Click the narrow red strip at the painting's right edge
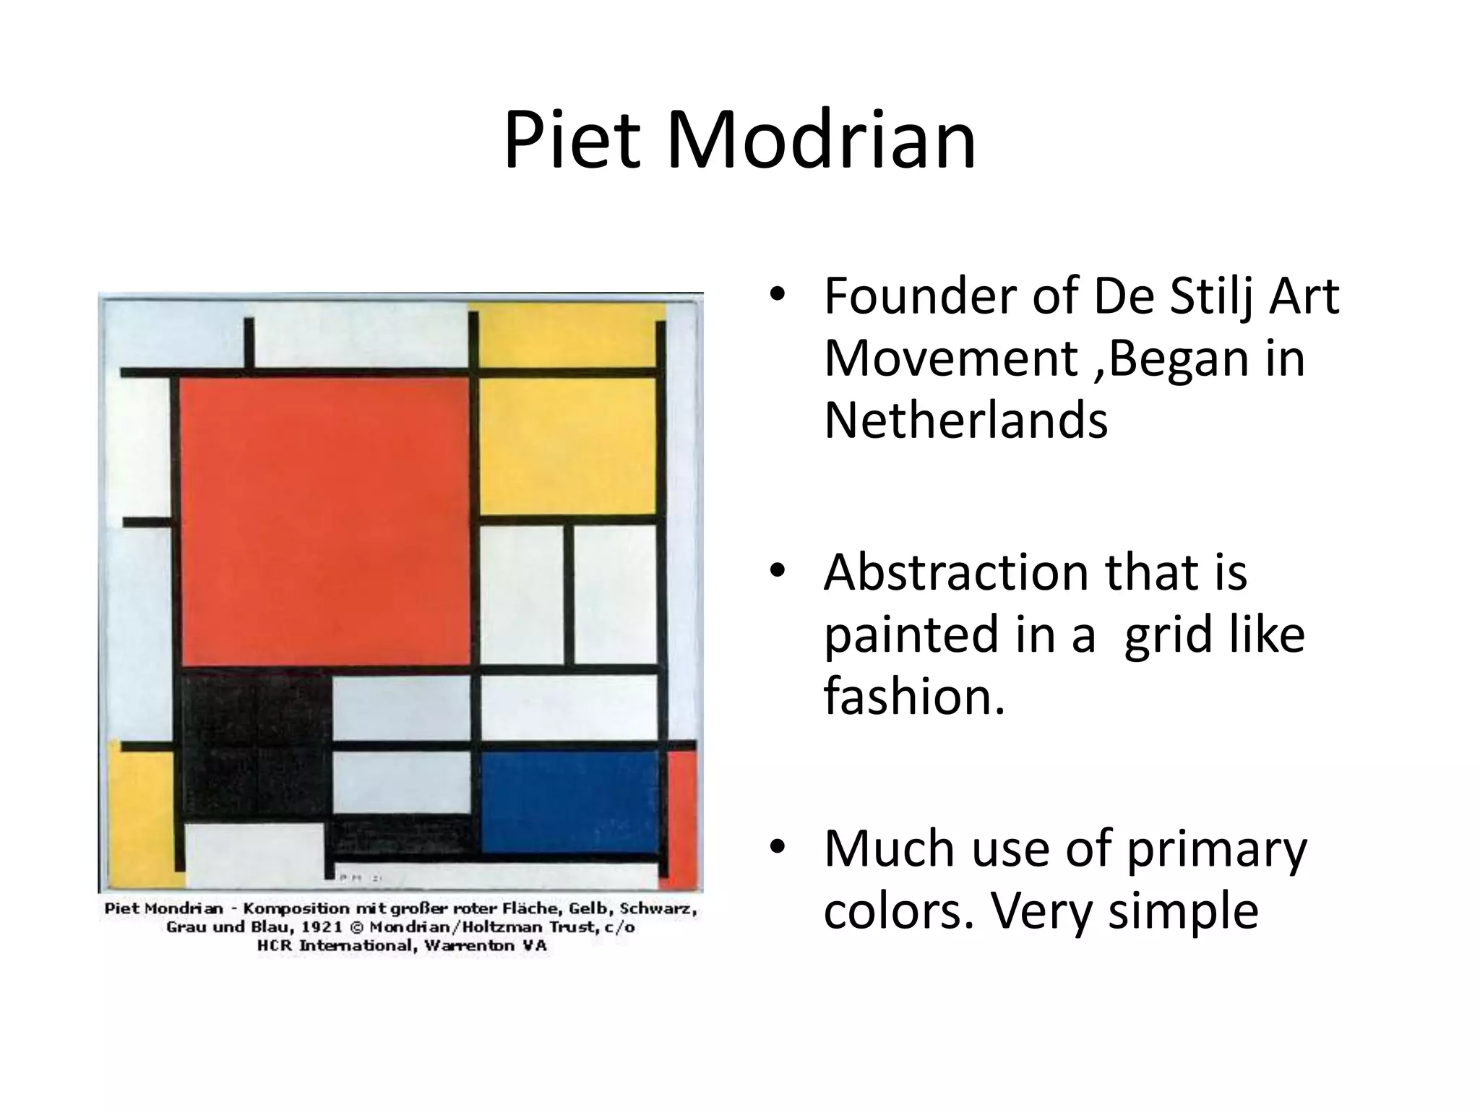point(681,817)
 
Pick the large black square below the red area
point(253,744)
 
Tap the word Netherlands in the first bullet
point(965,421)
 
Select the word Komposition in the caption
point(298,908)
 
